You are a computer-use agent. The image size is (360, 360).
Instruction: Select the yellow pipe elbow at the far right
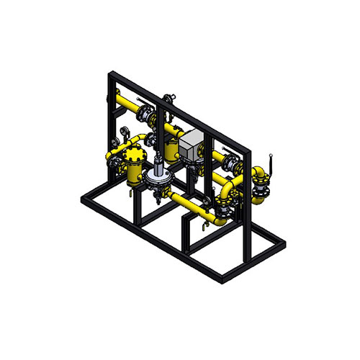258,174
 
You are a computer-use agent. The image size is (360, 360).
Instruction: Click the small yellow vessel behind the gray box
171,148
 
